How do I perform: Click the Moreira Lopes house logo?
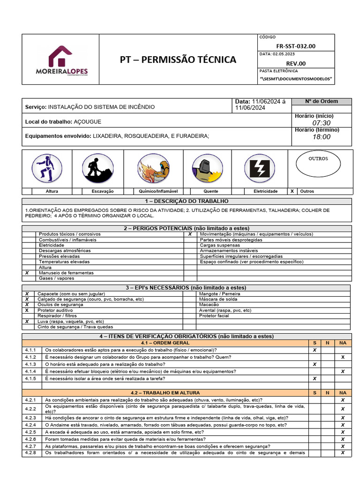coord(68,60)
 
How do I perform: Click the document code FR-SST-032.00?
coord(296,46)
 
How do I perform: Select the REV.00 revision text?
coord(296,63)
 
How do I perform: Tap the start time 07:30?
coord(321,123)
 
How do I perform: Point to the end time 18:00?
coord(321,137)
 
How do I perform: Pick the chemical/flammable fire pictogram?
coord(153,168)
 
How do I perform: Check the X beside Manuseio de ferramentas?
coord(27,273)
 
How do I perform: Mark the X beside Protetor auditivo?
coord(27,310)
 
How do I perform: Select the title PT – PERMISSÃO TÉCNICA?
coord(178,60)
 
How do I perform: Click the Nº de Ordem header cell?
coord(321,101)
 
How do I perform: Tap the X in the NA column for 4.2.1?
coord(343,400)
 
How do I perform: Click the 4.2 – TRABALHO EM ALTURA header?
coord(165,392)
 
